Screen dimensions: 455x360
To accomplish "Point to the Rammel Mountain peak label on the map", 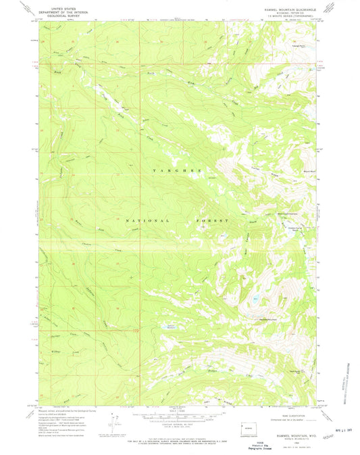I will [x=272, y=319].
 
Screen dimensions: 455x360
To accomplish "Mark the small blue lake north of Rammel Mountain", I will [x=255, y=298].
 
